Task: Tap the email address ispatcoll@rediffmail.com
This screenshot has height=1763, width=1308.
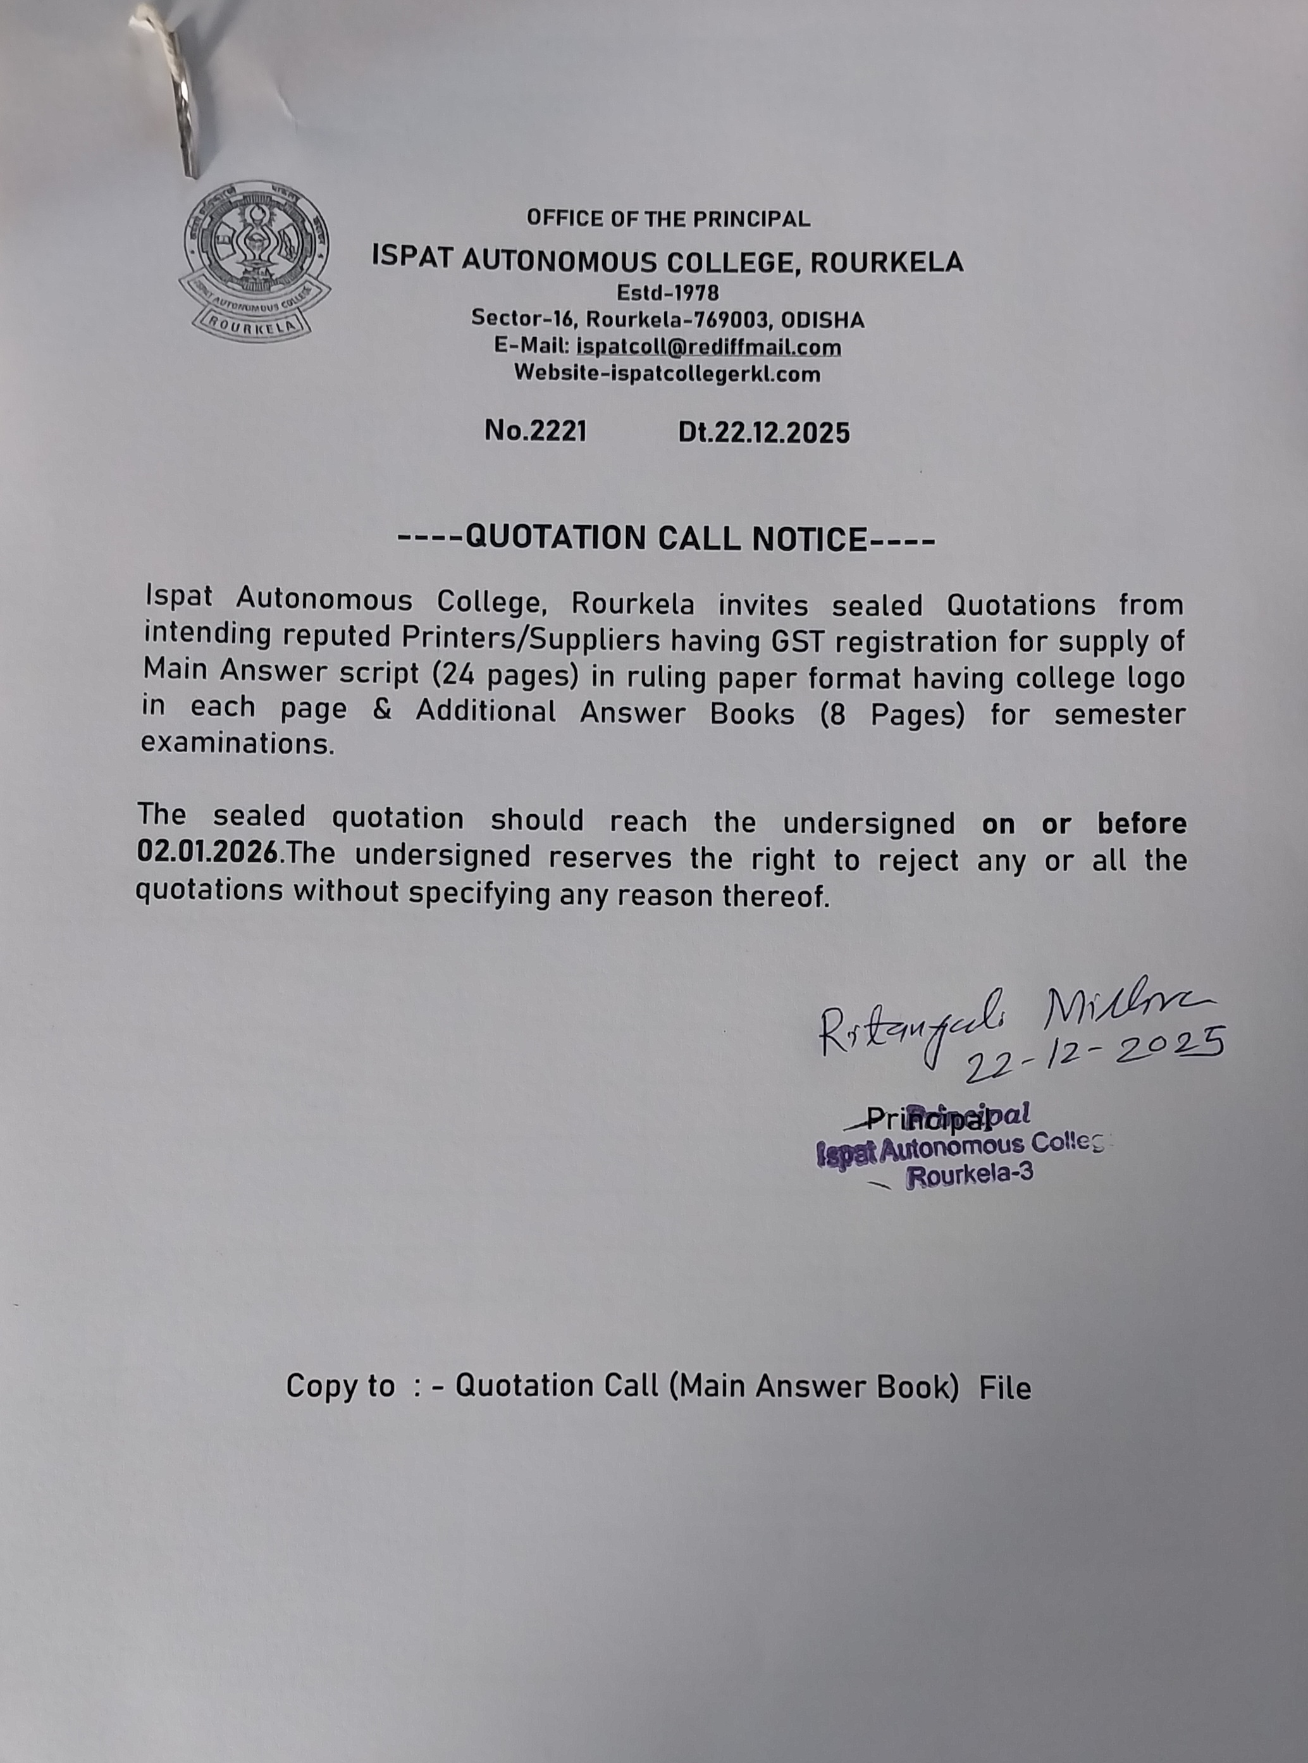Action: (708, 347)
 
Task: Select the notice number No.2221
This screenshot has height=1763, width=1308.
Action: (535, 431)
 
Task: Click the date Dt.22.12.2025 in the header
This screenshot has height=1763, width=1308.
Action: (763, 433)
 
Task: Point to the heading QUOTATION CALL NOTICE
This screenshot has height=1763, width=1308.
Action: (666, 538)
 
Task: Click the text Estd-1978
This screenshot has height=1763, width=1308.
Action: (667, 293)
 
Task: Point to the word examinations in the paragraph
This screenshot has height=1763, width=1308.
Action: (238, 743)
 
